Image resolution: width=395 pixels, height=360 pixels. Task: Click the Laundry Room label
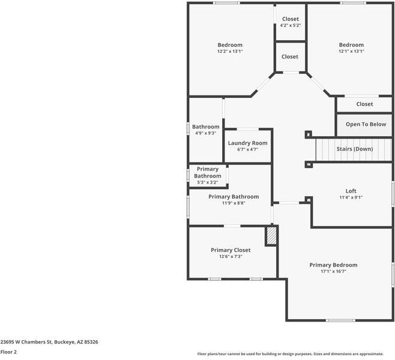click(x=247, y=143)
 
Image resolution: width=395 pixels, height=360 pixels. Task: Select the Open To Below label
click(x=366, y=124)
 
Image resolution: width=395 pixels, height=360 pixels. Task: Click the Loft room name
click(x=351, y=191)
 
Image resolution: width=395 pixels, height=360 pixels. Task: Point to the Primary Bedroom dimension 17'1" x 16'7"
click(x=333, y=271)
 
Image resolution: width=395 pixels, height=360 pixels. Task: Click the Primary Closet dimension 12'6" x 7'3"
click(x=231, y=256)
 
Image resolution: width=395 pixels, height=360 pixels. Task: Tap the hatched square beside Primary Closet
click(x=271, y=235)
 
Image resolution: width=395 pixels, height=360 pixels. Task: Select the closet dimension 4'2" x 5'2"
click(x=291, y=25)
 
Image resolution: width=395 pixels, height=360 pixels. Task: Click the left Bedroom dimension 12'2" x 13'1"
click(x=230, y=52)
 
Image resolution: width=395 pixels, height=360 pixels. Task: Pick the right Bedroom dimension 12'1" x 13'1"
click(x=351, y=52)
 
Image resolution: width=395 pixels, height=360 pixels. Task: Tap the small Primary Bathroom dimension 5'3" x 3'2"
click(x=207, y=182)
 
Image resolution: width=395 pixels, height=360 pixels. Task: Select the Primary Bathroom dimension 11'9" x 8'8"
click(x=234, y=203)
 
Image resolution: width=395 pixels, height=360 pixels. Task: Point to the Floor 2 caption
click(x=8, y=352)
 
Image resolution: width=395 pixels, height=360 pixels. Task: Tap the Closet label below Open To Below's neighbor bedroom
click(x=364, y=104)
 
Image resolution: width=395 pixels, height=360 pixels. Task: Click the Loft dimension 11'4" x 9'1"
click(x=351, y=197)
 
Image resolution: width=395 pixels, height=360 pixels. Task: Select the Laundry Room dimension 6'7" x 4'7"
click(x=247, y=149)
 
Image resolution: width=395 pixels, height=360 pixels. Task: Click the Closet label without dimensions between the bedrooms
click(x=290, y=56)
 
